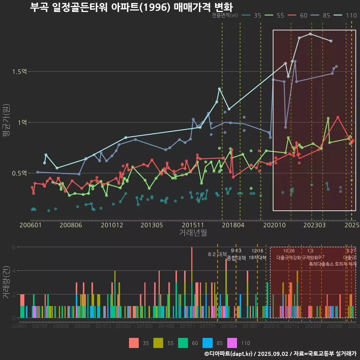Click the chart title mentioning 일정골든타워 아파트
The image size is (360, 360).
tap(131, 7)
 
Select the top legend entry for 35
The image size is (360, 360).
tap(252, 15)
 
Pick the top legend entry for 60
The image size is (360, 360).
tap(298, 15)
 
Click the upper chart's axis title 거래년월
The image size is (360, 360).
tap(193, 232)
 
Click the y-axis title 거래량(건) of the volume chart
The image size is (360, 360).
tap(6, 282)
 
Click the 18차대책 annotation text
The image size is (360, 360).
tap(257, 258)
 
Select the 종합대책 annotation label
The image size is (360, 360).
tap(236, 258)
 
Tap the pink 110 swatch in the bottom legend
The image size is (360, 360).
tap(232, 343)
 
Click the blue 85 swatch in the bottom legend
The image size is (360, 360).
tap(207, 343)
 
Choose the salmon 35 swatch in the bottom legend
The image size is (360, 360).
tap(134, 343)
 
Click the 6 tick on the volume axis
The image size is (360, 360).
tap(13, 247)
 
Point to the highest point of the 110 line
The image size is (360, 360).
tap(310, 34)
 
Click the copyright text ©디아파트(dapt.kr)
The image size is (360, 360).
tap(229, 354)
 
